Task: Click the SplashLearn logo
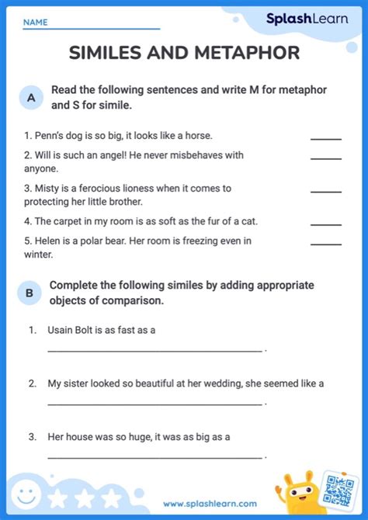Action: tap(307, 19)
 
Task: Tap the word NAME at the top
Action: tap(35, 23)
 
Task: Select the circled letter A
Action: tap(31, 98)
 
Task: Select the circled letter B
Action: tap(30, 293)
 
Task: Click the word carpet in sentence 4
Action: tap(68, 221)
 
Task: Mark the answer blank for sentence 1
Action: tap(325, 138)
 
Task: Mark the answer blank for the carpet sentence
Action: tap(325, 224)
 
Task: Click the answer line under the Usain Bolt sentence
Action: tap(154, 350)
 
